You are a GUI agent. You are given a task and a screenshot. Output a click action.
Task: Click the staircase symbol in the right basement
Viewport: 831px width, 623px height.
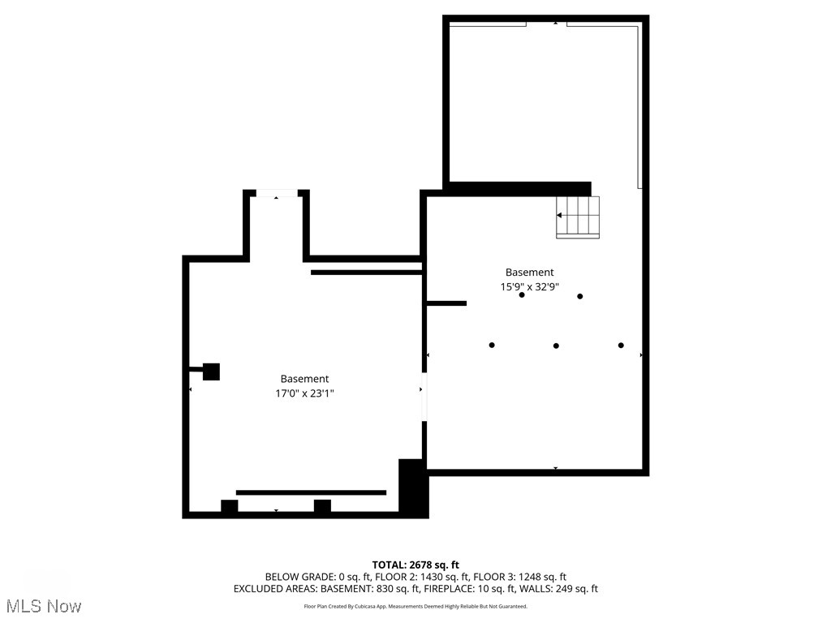click(578, 217)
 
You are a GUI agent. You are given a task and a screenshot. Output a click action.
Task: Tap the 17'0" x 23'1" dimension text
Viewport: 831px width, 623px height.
click(304, 393)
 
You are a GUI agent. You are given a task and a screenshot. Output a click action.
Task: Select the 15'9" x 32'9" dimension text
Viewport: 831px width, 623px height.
click(529, 286)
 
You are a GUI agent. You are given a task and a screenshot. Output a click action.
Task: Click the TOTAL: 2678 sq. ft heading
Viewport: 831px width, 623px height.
click(415, 565)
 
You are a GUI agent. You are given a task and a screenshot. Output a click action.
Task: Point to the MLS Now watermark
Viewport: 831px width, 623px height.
click(44, 606)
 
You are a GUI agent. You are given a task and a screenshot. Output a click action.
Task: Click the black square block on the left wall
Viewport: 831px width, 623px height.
click(211, 372)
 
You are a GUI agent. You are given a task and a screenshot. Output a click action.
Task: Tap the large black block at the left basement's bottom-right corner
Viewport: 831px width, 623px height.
click(413, 486)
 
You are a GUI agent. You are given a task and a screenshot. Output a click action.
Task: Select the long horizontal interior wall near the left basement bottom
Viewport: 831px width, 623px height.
click(311, 492)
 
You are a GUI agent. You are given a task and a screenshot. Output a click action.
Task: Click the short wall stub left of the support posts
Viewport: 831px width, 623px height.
click(446, 303)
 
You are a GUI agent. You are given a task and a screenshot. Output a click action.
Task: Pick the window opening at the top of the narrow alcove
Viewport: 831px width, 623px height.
click(276, 192)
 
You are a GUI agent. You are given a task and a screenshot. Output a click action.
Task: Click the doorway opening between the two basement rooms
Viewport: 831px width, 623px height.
click(424, 397)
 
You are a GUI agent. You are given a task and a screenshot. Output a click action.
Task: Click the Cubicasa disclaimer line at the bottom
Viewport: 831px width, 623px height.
click(415, 607)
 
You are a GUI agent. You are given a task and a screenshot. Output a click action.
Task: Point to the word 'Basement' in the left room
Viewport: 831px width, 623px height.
click(304, 379)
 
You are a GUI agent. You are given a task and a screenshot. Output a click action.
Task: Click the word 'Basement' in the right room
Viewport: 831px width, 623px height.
click(529, 273)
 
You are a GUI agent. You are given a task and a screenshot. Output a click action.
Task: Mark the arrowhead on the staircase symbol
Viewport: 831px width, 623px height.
click(559, 215)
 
